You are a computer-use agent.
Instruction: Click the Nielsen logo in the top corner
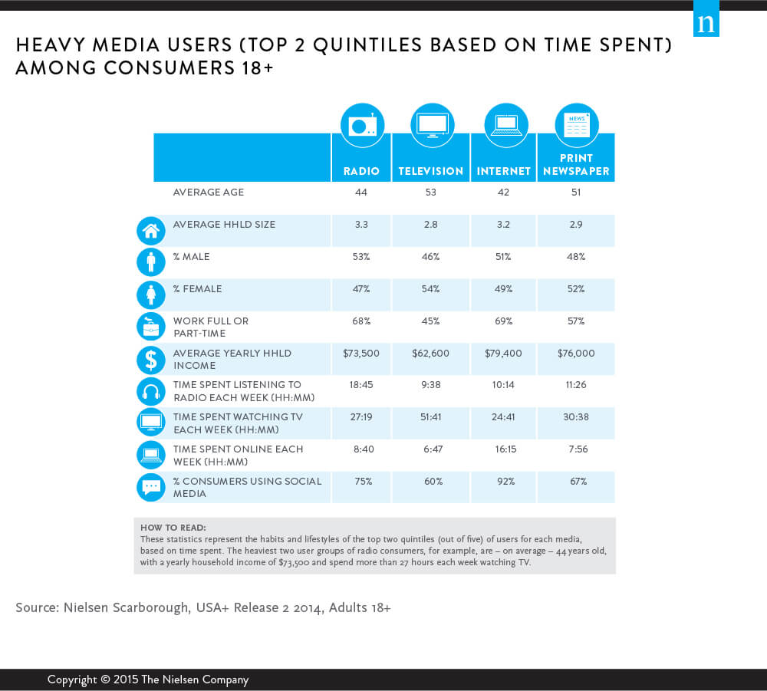pos(706,23)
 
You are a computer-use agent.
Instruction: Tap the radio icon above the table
pos(362,125)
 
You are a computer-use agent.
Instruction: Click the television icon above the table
pos(432,125)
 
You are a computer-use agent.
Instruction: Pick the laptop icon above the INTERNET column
pos(506,125)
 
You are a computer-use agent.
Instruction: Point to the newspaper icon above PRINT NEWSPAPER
pos(577,125)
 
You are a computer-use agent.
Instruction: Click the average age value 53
pos(430,192)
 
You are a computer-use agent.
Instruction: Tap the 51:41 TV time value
pos(430,417)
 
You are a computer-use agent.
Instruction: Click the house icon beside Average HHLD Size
pos(150,230)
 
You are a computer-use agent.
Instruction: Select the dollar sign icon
pos(150,359)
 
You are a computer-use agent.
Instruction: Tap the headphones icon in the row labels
pos(150,391)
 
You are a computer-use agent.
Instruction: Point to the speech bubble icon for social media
pos(150,488)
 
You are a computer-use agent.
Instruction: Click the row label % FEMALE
pos(197,289)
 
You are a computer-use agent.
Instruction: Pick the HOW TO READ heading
pos(173,528)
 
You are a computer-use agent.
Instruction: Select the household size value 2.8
pos(430,225)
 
